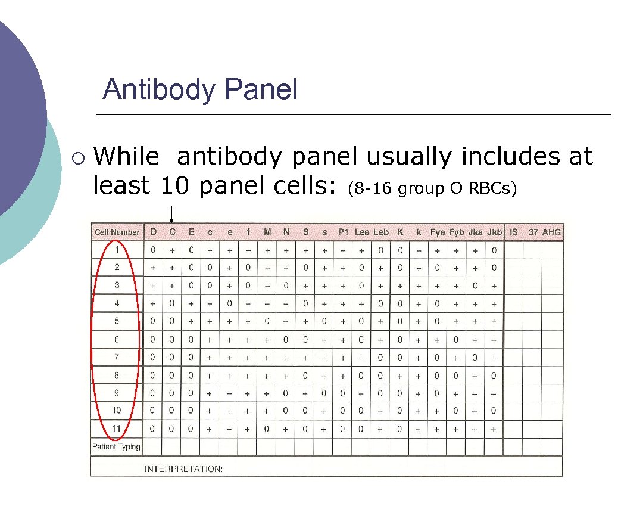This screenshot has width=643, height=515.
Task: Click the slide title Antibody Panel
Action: tap(199, 90)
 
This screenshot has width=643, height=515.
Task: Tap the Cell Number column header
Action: tap(117, 232)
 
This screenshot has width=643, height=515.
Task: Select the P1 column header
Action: tap(343, 232)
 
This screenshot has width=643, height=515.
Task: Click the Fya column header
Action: tap(438, 232)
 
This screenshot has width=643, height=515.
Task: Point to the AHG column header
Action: tap(551, 232)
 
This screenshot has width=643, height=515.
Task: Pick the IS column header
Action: tap(513, 232)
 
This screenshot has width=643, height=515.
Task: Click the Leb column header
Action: tap(381, 232)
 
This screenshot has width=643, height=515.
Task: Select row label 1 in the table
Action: tap(117, 250)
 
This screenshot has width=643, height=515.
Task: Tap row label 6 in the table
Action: tap(117, 339)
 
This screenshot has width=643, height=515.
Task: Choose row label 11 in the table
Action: tap(117, 428)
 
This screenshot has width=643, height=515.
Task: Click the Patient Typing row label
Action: tap(117, 446)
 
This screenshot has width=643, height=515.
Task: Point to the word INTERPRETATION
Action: tap(183, 469)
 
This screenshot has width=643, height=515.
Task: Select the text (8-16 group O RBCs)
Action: tap(433, 189)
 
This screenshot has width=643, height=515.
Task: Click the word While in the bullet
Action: tap(126, 157)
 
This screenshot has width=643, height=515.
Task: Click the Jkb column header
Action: tap(494, 232)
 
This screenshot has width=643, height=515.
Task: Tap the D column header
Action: tap(154, 232)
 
